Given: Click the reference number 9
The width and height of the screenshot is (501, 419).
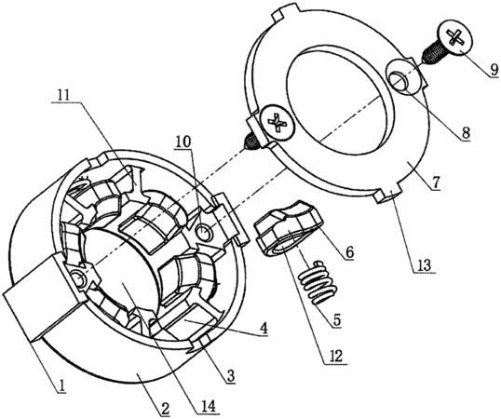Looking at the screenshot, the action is pyautogui.click(x=494, y=69).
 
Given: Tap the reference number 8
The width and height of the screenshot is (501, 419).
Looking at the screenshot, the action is pyautogui.click(x=466, y=132).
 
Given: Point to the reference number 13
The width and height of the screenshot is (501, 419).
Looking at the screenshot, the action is pyautogui.click(x=426, y=264).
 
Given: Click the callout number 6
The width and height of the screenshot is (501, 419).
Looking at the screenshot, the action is pyautogui.click(x=349, y=253).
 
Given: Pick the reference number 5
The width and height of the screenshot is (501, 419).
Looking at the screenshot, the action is pyautogui.click(x=337, y=319).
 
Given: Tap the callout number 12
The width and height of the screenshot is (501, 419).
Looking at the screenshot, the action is pyautogui.click(x=334, y=356).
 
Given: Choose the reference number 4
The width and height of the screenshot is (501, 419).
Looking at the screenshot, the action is pyautogui.click(x=263, y=328).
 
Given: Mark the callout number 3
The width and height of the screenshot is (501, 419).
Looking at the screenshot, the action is pyautogui.click(x=231, y=376).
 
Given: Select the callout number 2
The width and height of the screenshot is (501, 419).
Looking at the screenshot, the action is pyautogui.click(x=165, y=409).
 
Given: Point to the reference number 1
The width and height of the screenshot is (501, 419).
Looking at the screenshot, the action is pyautogui.click(x=62, y=386).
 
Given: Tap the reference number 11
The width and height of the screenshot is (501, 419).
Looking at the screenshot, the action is pyautogui.click(x=65, y=95).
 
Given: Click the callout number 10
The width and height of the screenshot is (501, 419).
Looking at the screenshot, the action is pyautogui.click(x=183, y=142).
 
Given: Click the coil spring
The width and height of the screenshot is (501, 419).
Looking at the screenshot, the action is pyautogui.click(x=318, y=283).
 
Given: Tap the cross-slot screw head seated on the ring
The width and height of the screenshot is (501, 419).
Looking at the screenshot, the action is pyautogui.click(x=278, y=122).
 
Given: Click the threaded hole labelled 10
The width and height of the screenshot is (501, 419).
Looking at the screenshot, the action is pyautogui.click(x=205, y=231).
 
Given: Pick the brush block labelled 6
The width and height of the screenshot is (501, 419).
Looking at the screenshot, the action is pyautogui.click(x=290, y=228).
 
